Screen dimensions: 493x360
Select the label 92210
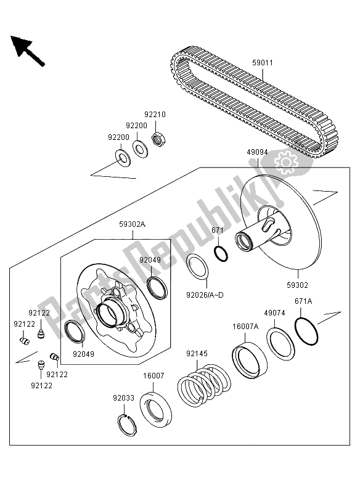pos(155,115)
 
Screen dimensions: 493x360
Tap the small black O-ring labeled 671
pos(220,253)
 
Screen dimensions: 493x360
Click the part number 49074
pos(275,313)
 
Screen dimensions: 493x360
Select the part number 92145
pos(198,354)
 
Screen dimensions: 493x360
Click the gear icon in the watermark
pos(285,162)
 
